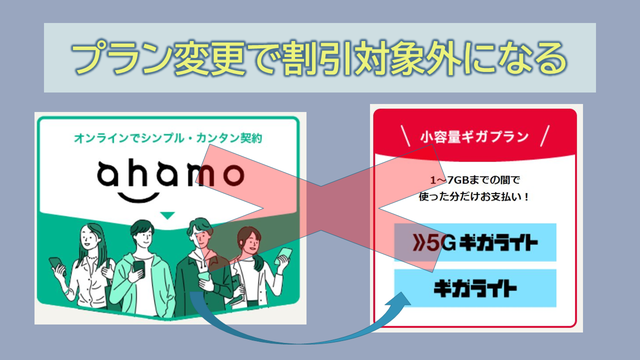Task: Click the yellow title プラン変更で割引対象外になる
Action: click(319, 58)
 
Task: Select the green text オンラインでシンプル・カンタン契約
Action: click(168, 138)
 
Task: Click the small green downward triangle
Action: click(167, 215)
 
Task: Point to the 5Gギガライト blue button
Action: click(475, 242)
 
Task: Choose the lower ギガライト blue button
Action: click(475, 288)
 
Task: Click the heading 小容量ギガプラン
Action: click(474, 136)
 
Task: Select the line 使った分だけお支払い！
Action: click(474, 197)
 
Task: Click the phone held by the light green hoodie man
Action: click(139, 267)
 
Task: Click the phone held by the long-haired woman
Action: click(56, 264)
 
